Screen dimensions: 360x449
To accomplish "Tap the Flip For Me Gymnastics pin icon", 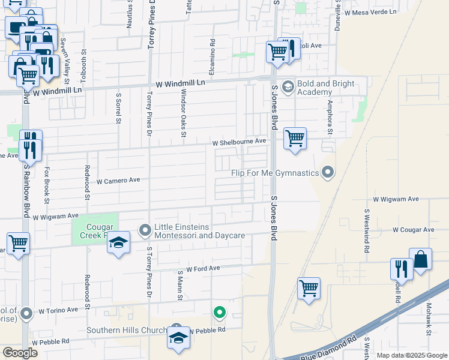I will coord(327,173).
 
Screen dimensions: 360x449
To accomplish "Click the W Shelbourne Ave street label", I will coord(239,142).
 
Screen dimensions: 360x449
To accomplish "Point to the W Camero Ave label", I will coord(118,180).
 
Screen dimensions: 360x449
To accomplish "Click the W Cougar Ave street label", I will coord(413,230).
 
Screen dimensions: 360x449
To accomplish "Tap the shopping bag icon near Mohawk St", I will coord(421,260).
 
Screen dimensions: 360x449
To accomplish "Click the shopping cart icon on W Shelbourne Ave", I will coord(295,138).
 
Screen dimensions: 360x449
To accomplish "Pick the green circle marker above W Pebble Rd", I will coord(220,312).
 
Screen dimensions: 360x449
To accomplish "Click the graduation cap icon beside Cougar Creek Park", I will coord(119,242).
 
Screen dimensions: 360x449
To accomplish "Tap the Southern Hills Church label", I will coord(126,330).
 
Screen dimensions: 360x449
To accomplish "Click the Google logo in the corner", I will coord(20,352).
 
